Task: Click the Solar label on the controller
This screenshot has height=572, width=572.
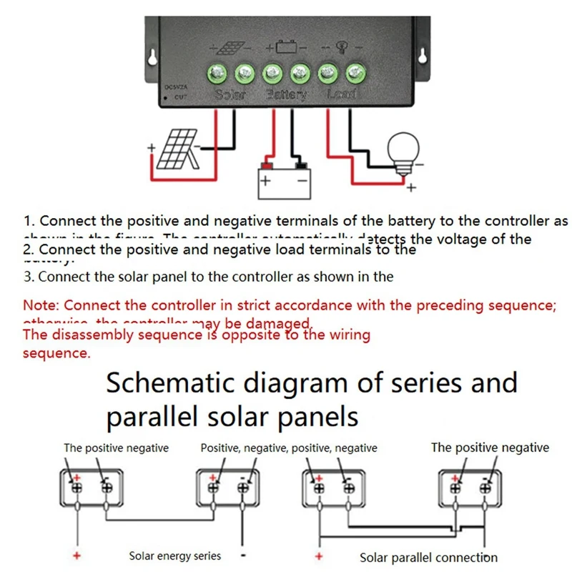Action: click(230, 94)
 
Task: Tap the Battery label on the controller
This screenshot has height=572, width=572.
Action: click(286, 94)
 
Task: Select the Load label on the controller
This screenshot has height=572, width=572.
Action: click(341, 94)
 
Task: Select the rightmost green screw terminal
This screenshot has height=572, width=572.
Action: click(355, 72)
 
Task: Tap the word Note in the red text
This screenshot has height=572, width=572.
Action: click(40, 305)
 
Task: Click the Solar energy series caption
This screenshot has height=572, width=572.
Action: click(175, 556)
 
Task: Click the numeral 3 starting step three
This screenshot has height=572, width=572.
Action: click(27, 277)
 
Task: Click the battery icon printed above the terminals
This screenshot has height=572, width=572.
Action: click(287, 49)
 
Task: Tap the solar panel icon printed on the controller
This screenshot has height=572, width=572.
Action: click(230, 49)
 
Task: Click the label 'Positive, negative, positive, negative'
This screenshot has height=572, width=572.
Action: click(288, 448)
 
